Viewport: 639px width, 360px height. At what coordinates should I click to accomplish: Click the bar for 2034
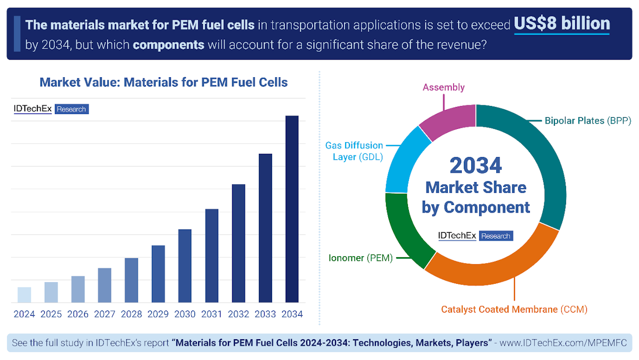(292, 209)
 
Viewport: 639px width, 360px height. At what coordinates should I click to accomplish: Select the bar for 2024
(24, 294)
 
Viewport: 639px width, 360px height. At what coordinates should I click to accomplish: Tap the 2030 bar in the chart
(185, 266)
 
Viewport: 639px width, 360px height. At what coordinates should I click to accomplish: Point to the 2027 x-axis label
(105, 314)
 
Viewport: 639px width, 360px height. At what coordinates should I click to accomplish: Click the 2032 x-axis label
(239, 314)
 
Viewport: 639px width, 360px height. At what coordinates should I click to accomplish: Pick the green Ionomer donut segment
(405, 231)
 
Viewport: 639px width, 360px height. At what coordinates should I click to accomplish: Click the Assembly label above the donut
(444, 87)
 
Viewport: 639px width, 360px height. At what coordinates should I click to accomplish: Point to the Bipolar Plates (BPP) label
(588, 121)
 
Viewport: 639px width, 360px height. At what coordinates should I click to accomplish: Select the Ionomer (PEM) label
(361, 258)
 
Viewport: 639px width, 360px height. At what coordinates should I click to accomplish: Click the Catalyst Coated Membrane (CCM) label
(514, 309)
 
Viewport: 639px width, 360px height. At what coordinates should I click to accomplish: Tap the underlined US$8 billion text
(562, 24)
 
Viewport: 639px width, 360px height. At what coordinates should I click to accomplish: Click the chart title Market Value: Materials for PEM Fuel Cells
(163, 83)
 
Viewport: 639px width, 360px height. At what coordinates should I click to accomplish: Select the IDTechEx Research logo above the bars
(51, 109)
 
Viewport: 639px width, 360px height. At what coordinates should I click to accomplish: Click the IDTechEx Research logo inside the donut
(476, 235)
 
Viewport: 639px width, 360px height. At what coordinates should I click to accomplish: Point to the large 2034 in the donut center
(476, 166)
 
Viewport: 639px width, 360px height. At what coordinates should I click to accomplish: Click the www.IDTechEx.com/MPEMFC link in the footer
(563, 342)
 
